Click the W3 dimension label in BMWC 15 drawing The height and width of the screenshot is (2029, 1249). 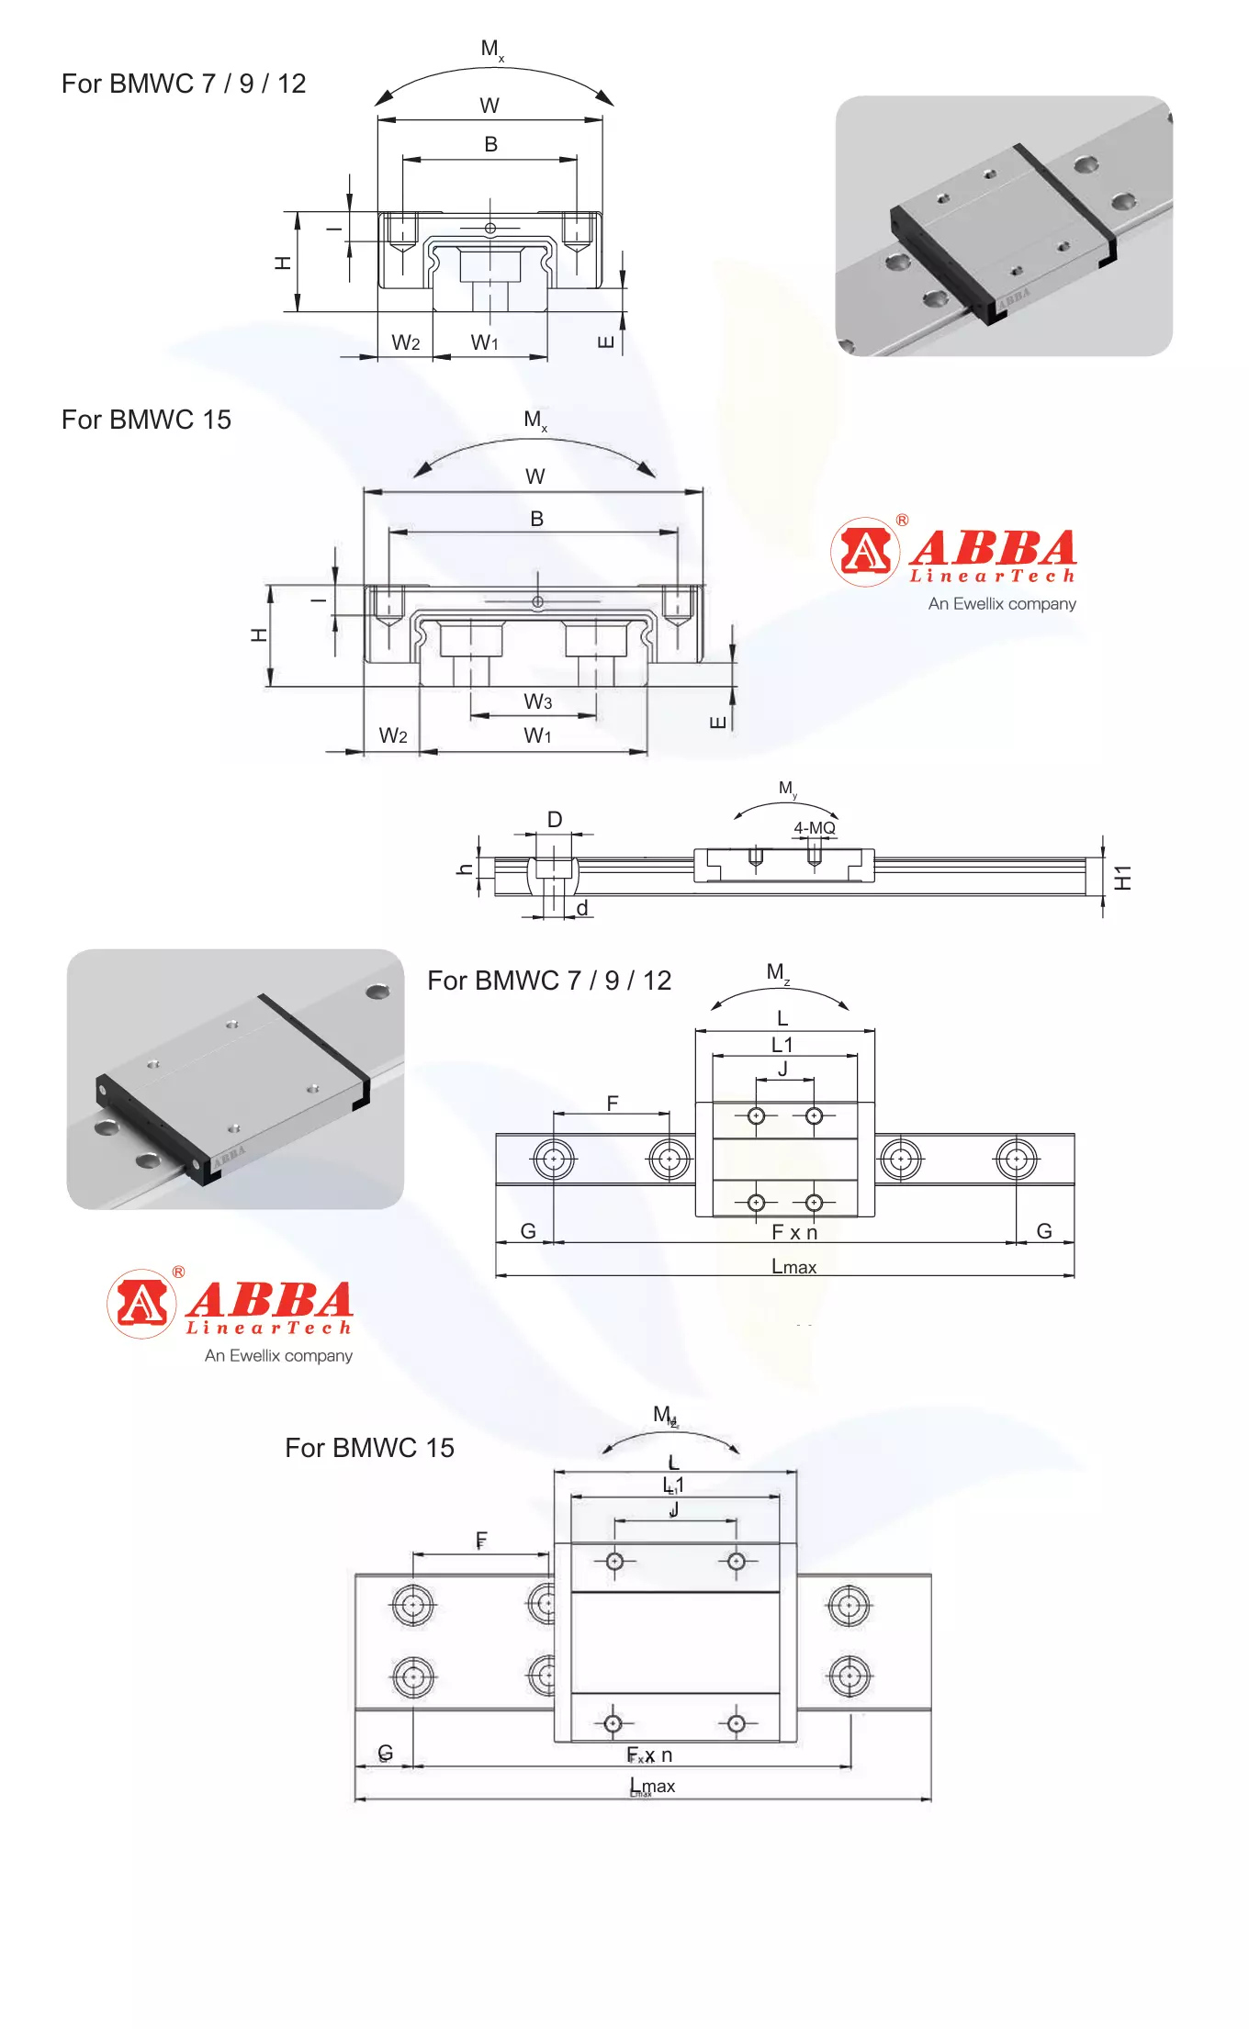pyautogui.click(x=538, y=702)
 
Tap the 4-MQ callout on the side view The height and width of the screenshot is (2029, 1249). pyautogui.click(x=815, y=828)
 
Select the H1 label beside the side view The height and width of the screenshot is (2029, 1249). pyautogui.click(x=1123, y=877)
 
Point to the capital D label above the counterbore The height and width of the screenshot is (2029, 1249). pyautogui.click(x=555, y=819)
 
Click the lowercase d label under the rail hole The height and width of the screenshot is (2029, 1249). pyautogui.click(x=582, y=908)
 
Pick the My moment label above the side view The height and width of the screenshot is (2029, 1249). pyautogui.click(x=787, y=789)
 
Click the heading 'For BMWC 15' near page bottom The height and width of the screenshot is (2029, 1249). pyautogui.click(x=369, y=1448)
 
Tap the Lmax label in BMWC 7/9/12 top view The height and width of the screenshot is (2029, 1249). pyautogui.click(x=793, y=1267)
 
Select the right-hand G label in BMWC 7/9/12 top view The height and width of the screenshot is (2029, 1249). pyautogui.click(x=1044, y=1231)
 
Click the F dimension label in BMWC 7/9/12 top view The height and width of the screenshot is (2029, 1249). pyautogui.click(x=613, y=1104)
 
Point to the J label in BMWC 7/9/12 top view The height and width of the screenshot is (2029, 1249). pyautogui.click(x=782, y=1069)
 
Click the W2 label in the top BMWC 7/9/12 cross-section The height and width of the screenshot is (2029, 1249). pyautogui.click(x=405, y=343)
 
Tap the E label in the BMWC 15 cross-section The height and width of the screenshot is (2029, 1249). pyautogui.click(x=719, y=722)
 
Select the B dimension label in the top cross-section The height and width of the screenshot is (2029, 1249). pyautogui.click(x=490, y=144)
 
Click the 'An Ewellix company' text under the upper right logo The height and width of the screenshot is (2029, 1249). pyautogui.click(x=1002, y=604)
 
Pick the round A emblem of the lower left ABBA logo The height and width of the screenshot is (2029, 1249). pyautogui.click(x=141, y=1303)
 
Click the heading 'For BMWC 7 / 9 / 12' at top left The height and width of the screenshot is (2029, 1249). pyautogui.click(x=184, y=84)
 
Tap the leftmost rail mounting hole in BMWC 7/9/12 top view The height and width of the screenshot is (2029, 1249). pyautogui.click(x=554, y=1160)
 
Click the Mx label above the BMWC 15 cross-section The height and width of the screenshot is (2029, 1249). pyautogui.click(x=534, y=420)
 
